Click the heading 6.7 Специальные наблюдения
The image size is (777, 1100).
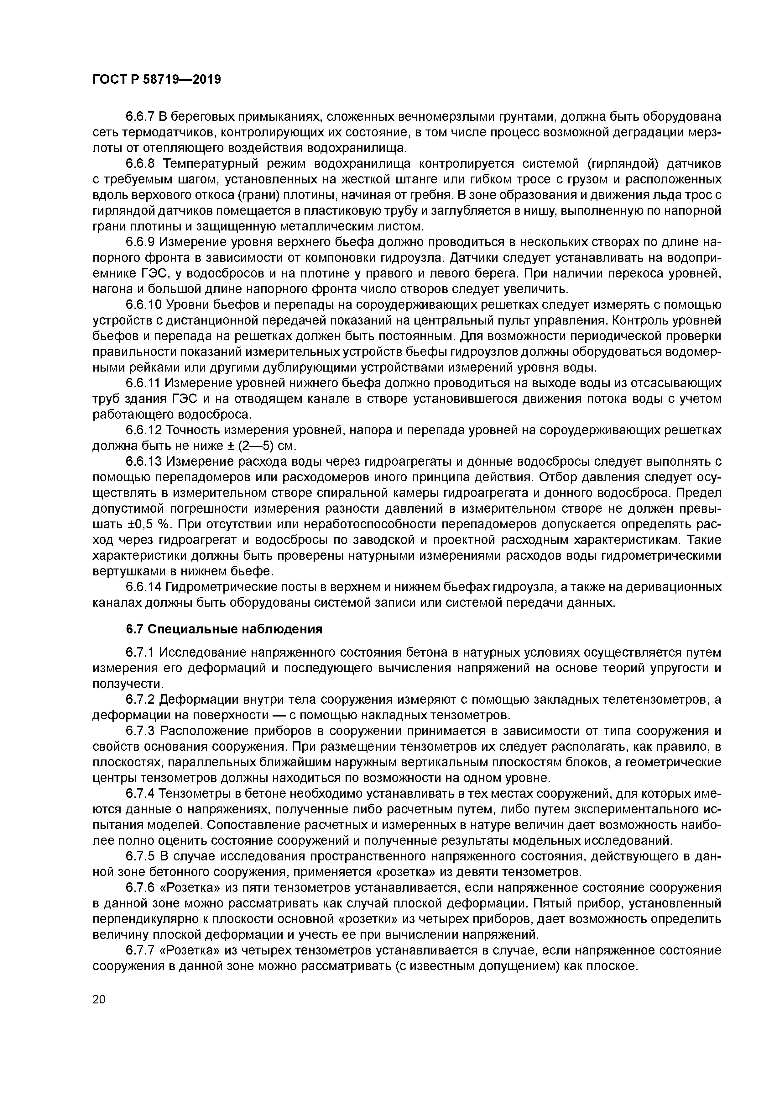[x=224, y=629]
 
